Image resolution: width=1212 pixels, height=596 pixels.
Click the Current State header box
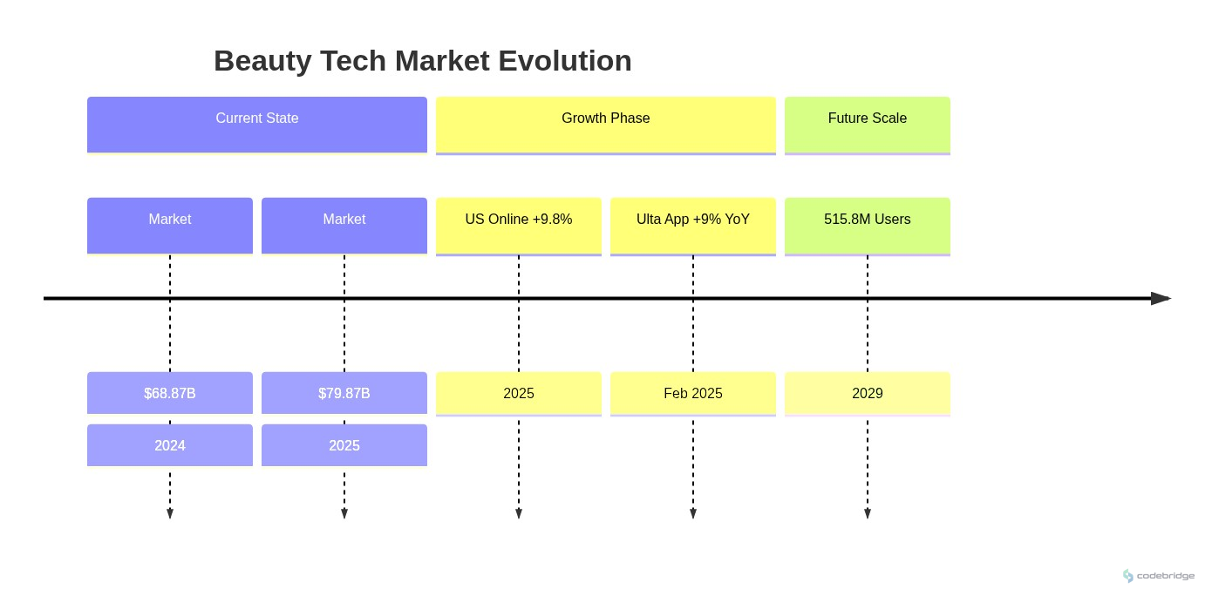(257, 125)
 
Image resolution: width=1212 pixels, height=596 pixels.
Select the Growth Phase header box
(606, 125)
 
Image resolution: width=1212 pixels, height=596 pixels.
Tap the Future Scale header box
(868, 125)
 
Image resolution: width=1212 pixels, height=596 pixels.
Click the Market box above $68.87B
(170, 225)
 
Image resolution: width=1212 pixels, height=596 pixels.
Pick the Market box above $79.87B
(344, 225)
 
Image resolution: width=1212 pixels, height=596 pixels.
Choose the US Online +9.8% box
(519, 225)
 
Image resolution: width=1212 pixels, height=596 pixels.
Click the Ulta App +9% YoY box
(693, 225)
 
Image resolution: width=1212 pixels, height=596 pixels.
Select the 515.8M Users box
(868, 225)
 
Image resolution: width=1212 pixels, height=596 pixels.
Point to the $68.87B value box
(170, 393)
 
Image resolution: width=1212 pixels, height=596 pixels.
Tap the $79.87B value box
(344, 393)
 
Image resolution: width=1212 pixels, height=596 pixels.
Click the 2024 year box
(170, 445)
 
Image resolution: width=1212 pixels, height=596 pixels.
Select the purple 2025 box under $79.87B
(344, 445)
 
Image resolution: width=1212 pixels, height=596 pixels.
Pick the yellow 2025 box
(519, 393)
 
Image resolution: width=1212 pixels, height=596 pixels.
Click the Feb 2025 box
(693, 393)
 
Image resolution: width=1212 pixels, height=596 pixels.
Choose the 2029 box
(868, 393)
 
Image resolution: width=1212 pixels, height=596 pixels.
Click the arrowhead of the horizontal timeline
(1161, 299)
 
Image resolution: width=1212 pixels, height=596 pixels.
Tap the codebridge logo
(1159, 576)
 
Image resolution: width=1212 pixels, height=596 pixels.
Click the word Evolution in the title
(565, 61)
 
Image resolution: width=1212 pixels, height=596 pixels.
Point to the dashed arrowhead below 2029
(868, 514)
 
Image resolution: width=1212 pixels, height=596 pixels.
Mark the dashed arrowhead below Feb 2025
(693, 514)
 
